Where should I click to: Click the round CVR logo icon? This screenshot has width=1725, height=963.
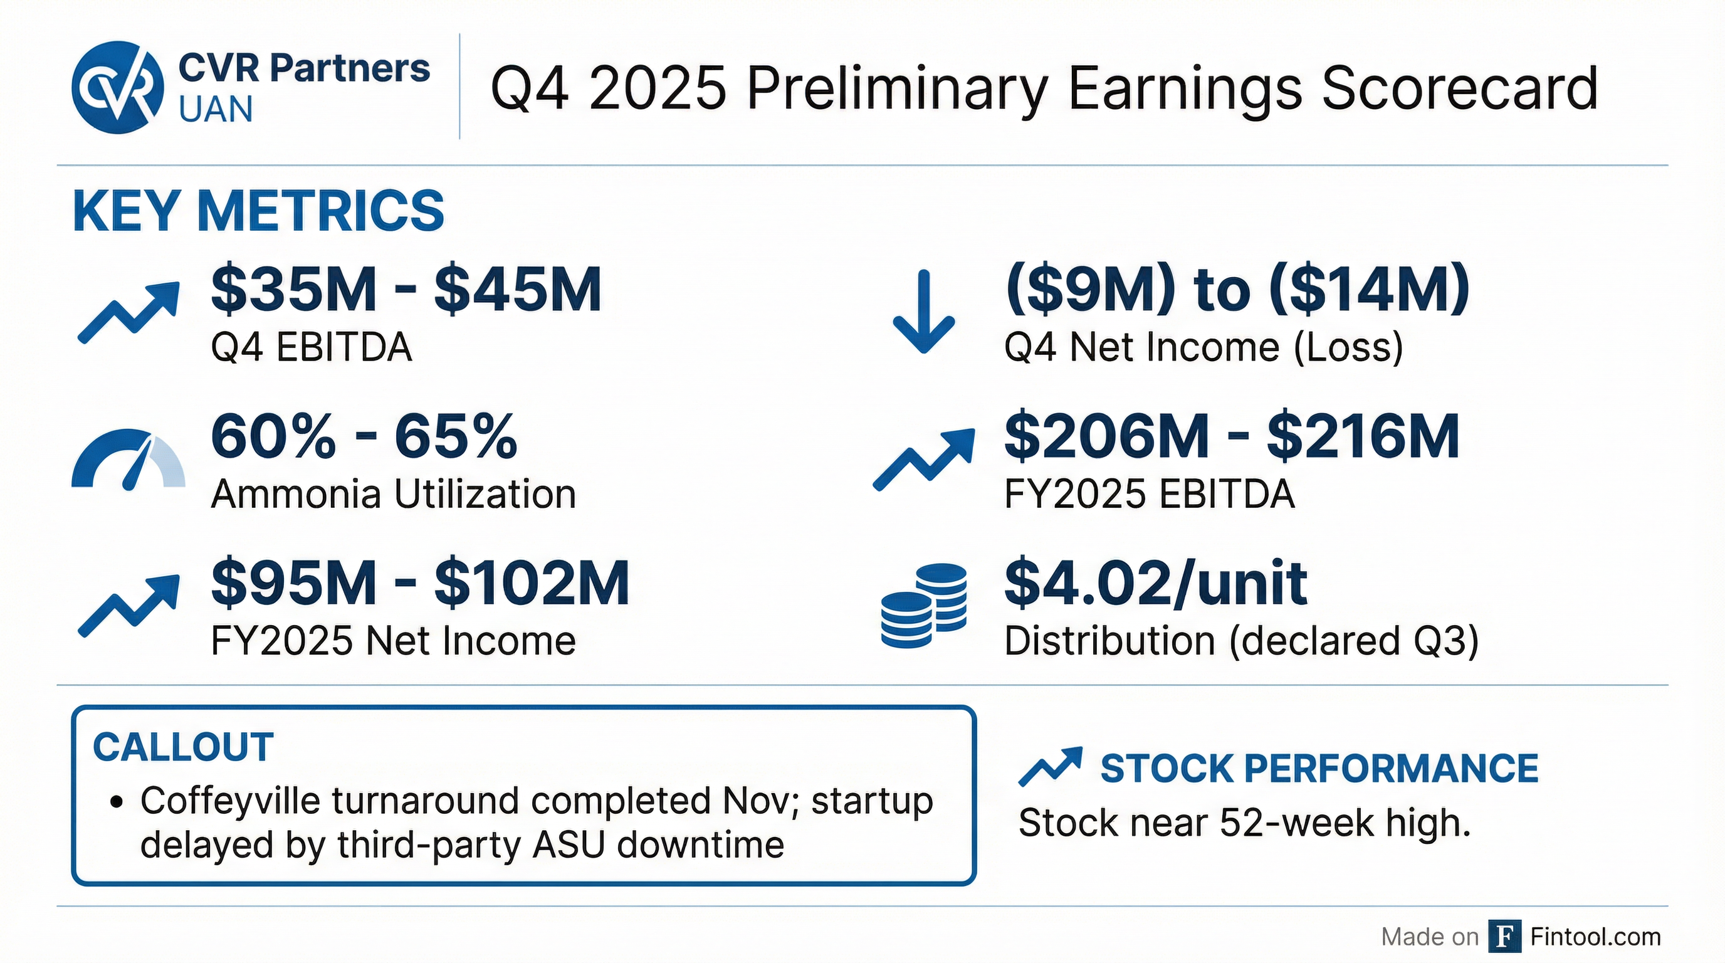point(118,87)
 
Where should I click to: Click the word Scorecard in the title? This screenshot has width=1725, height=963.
point(1460,89)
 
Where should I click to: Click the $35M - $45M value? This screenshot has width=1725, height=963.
point(406,289)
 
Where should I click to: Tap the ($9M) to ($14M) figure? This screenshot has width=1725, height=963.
point(1237,289)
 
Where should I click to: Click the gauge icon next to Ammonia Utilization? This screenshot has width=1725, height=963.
point(128,459)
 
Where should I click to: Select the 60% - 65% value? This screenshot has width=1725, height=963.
point(364,436)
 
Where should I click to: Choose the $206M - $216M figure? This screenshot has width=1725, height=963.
point(1232,436)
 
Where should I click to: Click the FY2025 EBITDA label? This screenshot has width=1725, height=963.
point(1149,494)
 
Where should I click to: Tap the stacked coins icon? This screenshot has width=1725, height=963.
point(923,606)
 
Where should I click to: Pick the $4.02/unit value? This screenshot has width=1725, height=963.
point(1156,583)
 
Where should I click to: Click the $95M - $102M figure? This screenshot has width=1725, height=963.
point(420,583)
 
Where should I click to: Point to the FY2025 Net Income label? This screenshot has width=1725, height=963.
point(393,641)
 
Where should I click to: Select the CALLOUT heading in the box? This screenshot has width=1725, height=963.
point(183,747)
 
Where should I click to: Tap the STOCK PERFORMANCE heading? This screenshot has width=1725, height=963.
point(1319,768)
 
